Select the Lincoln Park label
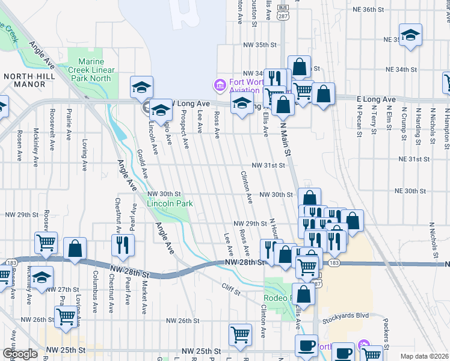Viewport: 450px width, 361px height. point(170,203)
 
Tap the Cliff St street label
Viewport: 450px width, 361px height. point(230,290)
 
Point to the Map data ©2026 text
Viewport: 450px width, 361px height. point(424,356)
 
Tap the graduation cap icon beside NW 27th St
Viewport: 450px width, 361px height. point(42,278)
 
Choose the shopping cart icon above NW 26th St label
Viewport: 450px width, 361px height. point(66,316)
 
